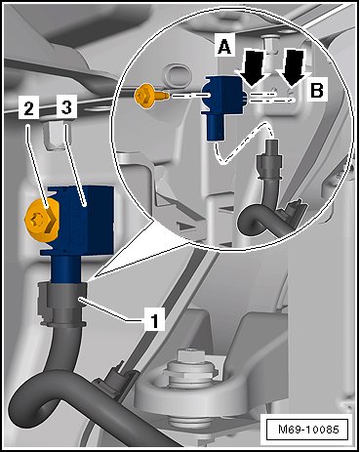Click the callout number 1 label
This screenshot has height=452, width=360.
pos(154,320)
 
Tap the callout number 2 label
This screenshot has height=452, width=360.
pos(28,107)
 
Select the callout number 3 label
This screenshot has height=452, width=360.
pos(66,106)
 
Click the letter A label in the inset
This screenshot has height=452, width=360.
pos(224,46)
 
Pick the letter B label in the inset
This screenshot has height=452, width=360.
pos(317,91)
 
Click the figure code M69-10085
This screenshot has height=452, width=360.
pos(308,429)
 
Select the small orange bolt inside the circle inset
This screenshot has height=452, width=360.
pos(151,95)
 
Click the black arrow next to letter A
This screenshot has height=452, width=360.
pos(256,68)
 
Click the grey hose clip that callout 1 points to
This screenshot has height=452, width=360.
pos(62,305)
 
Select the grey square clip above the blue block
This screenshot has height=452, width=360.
pos(54,135)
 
